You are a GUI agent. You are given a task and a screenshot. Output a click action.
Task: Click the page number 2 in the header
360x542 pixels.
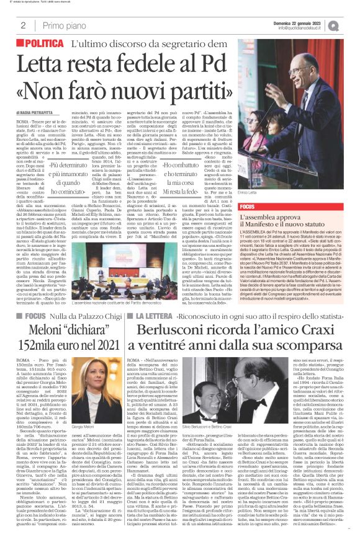tap(22, 25)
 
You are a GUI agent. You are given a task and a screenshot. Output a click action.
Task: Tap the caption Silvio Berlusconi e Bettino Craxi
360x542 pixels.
tap(196, 428)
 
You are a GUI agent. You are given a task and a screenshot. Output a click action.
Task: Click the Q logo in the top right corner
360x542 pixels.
tap(351, 24)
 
